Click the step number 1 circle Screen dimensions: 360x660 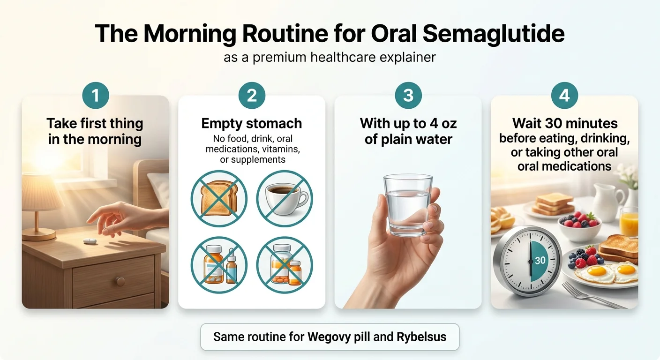click(x=96, y=96)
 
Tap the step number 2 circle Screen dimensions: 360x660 click(x=252, y=96)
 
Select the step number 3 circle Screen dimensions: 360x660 click(x=408, y=96)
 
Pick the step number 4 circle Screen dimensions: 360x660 click(x=564, y=96)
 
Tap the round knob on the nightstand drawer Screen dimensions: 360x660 click(x=120, y=281)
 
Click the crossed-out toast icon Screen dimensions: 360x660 click(x=219, y=198)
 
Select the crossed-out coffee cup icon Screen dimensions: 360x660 click(x=285, y=198)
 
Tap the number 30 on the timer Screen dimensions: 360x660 click(x=540, y=260)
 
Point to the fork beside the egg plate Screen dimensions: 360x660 click(x=588, y=295)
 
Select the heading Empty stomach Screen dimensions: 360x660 click(x=252, y=123)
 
